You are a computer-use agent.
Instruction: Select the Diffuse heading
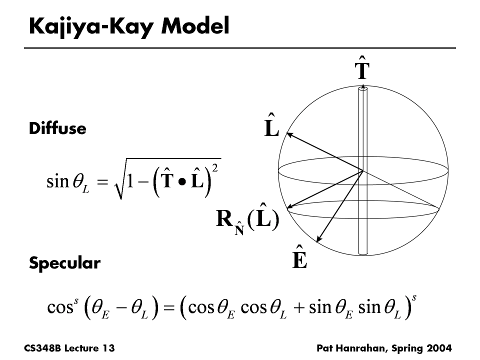click(57, 129)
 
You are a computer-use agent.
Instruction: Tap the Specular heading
click(64, 263)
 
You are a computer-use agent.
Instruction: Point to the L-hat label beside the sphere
click(271, 127)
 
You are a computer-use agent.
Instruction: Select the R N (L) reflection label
click(247, 221)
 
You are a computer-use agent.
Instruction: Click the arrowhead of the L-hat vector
click(287, 133)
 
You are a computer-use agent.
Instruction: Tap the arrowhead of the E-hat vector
click(319, 241)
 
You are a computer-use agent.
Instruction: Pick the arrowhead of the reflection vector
click(288, 206)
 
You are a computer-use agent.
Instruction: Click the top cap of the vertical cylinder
click(362, 89)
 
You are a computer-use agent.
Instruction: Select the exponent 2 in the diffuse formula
click(214, 167)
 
